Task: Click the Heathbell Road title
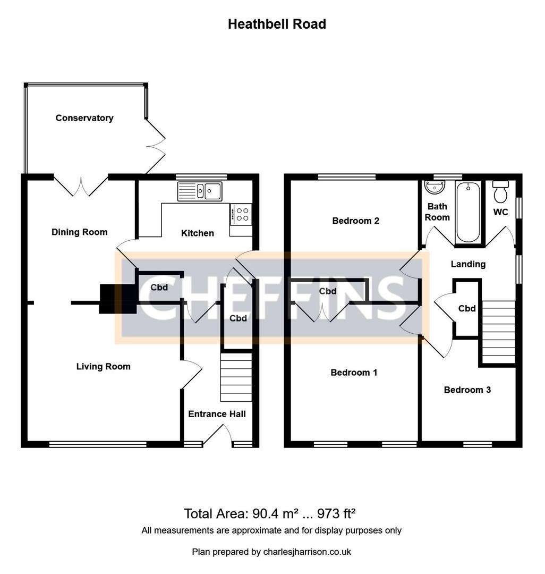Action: pos(277,24)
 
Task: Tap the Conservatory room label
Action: pos(84,118)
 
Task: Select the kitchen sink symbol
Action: pos(200,191)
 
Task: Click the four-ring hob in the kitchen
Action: pos(242,214)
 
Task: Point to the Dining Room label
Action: pos(79,232)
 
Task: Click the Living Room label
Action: pos(103,366)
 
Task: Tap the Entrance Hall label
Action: pos(217,413)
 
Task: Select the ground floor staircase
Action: pos(235,377)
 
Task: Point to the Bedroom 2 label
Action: pos(355,221)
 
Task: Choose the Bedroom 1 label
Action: pos(354,373)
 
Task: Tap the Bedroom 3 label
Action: pos(467,390)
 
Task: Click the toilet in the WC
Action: pos(501,192)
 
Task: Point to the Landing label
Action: pos(468,264)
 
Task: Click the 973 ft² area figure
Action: pos(336,514)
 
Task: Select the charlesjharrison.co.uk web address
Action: pos(307,552)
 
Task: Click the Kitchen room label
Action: pos(198,233)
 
